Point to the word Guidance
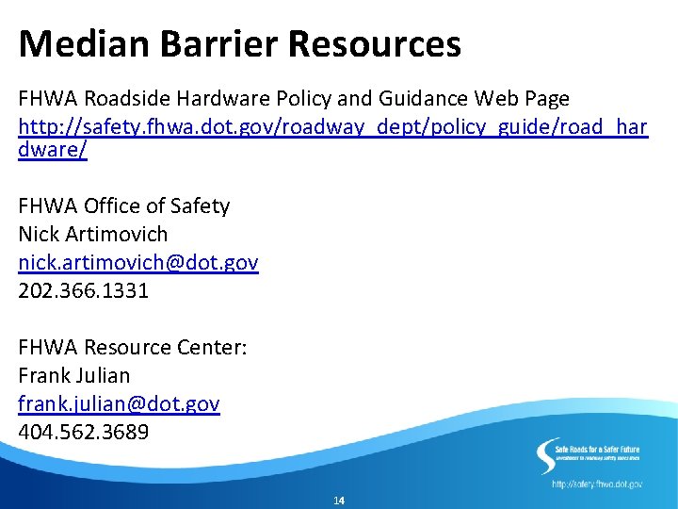coord(423,99)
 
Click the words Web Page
coord(522,99)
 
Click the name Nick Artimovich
coord(92,234)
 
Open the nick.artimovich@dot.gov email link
coord(137,262)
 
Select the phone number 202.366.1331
coord(83,290)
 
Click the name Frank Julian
coord(73,375)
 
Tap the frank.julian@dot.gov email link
coord(119,403)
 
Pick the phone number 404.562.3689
coord(83,432)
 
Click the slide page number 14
coord(339,500)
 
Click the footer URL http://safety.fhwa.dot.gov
coord(597,484)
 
